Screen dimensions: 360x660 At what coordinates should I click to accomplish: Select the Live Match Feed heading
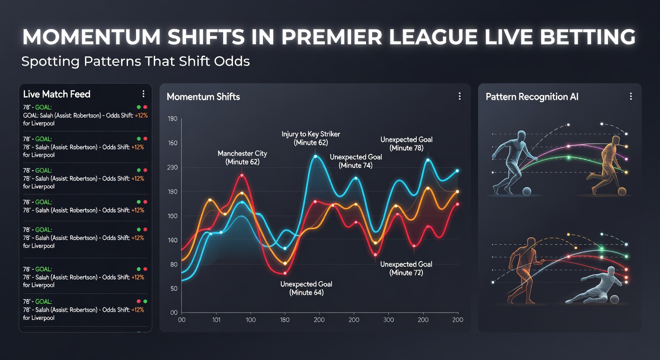point(57,94)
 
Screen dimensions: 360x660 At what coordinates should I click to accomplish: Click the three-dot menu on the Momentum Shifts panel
point(459,97)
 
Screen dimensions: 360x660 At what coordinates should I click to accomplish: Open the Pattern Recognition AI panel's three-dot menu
point(630,97)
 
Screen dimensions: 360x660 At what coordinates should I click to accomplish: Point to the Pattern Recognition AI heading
point(532,97)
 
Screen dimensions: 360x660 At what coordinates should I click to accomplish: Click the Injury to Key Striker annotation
point(311,138)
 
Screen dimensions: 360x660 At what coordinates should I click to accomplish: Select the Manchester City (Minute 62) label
point(242,157)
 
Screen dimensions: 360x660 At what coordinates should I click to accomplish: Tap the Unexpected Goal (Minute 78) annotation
point(406,143)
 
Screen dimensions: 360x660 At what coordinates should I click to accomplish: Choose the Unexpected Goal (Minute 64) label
point(306,288)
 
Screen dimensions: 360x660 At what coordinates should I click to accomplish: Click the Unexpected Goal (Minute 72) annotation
point(406,268)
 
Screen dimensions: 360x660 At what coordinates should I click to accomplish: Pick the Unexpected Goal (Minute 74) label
point(355,161)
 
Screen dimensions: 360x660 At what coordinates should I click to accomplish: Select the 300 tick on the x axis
point(389,320)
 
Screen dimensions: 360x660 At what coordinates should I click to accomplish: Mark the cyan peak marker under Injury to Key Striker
point(316,157)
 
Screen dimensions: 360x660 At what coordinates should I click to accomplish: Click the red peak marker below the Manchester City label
point(242,175)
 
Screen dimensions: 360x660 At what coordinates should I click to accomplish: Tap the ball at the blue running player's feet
point(526,191)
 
